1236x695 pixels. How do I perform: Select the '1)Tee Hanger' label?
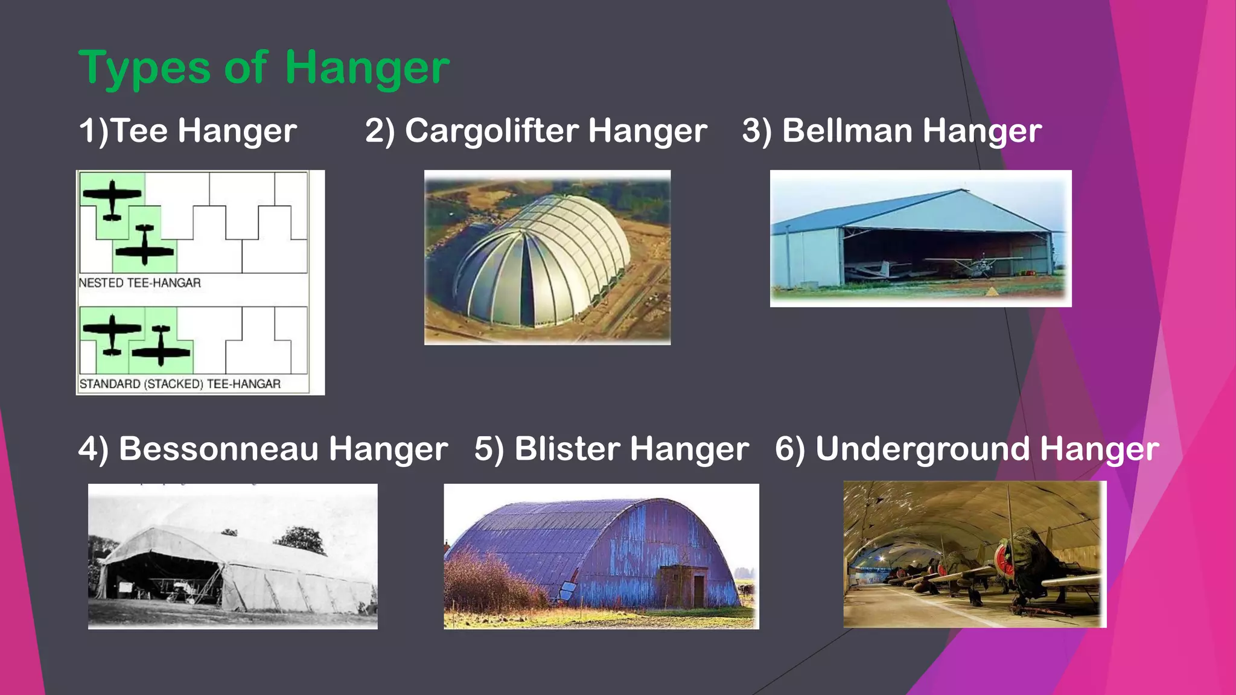[x=188, y=131]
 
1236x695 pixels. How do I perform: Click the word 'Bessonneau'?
[x=218, y=449]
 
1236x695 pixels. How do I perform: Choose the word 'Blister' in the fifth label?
[x=567, y=449]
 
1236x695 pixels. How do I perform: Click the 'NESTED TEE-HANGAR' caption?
[x=140, y=283]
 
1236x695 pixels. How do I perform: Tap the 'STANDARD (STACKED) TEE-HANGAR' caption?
[x=180, y=384]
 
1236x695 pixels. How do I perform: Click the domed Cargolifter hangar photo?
[x=547, y=258]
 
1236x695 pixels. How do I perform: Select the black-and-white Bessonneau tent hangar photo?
[x=232, y=556]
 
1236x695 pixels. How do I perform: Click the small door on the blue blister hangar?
[x=698, y=591]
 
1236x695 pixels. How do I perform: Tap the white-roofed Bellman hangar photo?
[x=920, y=238]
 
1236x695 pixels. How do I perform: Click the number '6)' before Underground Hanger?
[x=789, y=449]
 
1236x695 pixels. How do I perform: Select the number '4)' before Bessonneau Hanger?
[x=94, y=449]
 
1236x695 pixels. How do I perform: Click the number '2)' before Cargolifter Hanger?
[x=380, y=131]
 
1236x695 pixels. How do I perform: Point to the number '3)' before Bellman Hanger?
[x=757, y=131]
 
